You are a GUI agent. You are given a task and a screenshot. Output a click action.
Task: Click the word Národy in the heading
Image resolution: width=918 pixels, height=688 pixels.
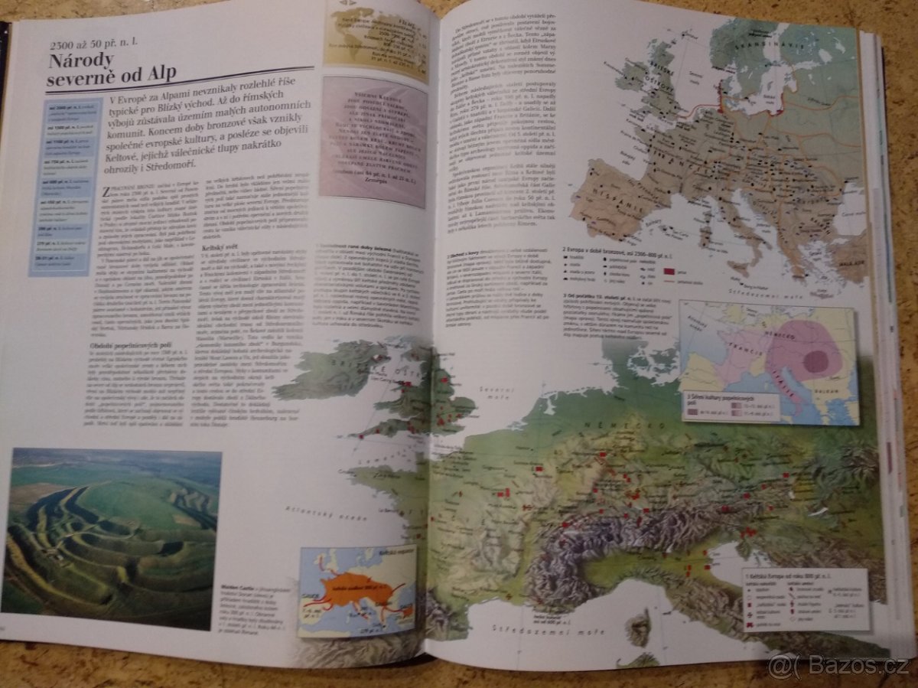(x=82, y=60)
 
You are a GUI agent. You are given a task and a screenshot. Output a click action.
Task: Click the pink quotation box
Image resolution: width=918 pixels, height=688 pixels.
(x=373, y=142)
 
